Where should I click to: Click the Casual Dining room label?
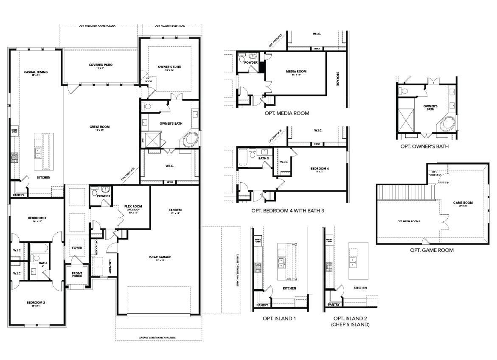[x=36, y=72]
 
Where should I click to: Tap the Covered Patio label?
[x=101, y=65]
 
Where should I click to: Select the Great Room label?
[x=99, y=127]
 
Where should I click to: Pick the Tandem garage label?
[x=175, y=210]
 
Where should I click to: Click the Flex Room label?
[x=133, y=207]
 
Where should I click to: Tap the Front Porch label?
[x=77, y=274]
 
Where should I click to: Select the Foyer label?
[x=77, y=248]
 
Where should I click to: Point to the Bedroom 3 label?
[x=37, y=218]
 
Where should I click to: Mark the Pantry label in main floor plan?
[x=18, y=195]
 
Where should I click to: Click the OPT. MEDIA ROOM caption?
[x=286, y=113]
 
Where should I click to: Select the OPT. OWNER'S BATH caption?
[x=424, y=146]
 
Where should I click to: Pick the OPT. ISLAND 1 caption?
[x=279, y=318]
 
